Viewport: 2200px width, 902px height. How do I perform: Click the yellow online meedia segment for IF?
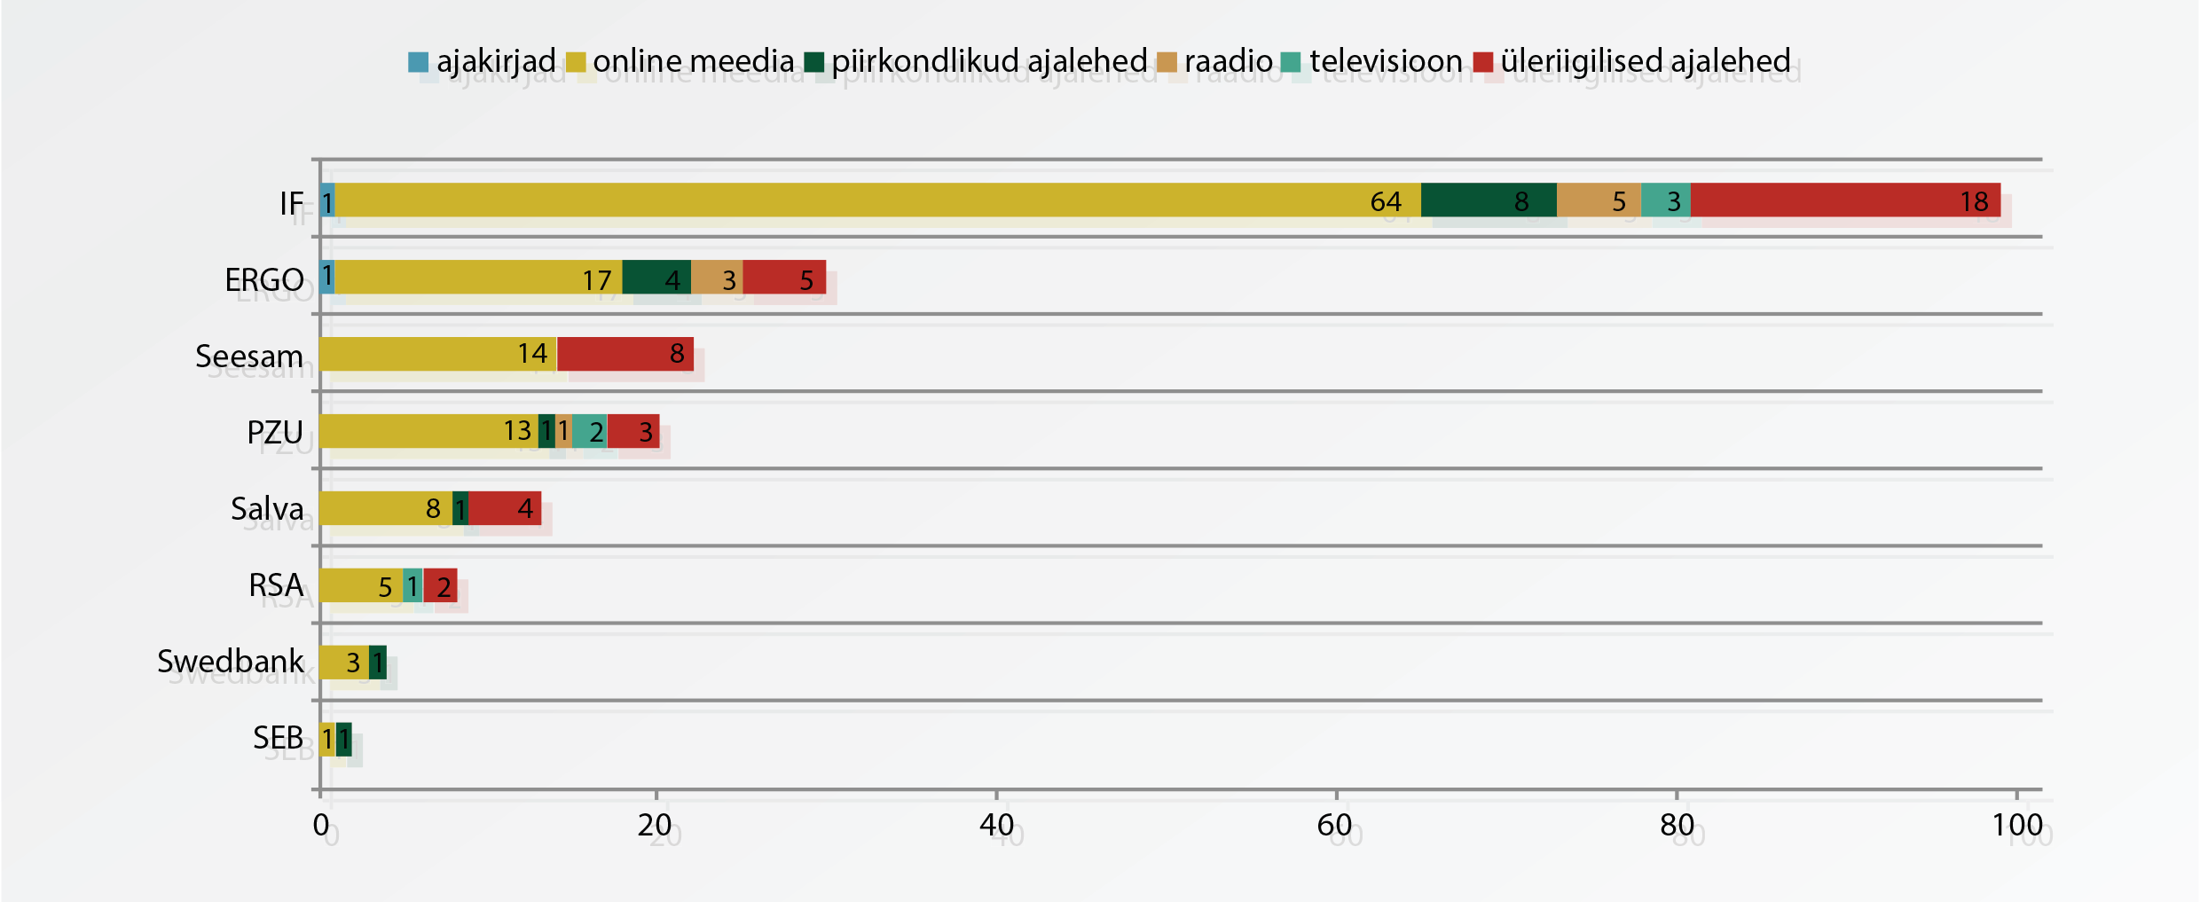pos(877,200)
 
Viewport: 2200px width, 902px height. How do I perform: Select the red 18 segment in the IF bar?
pos(1845,200)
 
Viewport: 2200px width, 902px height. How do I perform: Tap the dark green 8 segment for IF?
pos(1489,200)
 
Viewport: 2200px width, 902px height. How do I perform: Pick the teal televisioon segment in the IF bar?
pos(1665,200)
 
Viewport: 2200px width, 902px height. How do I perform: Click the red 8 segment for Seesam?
pos(625,354)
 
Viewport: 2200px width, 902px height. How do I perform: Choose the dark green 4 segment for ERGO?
pos(656,278)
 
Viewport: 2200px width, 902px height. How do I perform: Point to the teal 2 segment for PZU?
pos(590,431)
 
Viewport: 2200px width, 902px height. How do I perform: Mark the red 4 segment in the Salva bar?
pos(505,508)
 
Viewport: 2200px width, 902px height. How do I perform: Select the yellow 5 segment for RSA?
pos(361,585)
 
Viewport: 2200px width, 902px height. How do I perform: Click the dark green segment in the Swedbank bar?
pos(378,663)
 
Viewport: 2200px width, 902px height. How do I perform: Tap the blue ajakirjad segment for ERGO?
pos(327,278)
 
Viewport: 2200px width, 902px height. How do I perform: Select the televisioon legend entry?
pos(1372,61)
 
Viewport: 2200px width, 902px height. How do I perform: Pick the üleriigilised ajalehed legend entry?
pos(1632,61)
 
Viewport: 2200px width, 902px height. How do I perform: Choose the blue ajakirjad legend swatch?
pos(418,62)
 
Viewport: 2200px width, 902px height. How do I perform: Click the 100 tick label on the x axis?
pos(2017,826)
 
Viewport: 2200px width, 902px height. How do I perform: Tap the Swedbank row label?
pos(231,662)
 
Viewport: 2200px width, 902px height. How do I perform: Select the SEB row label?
pos(278,738)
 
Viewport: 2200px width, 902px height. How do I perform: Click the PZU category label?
pos(275,433)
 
